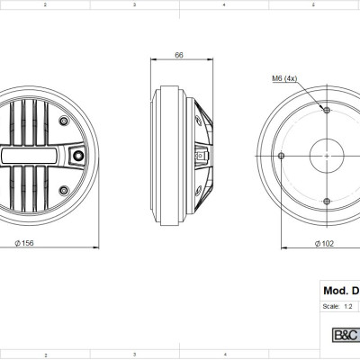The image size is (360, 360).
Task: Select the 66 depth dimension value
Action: (x=179, y=55)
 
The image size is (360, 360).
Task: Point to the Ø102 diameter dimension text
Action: (x=324, y=242)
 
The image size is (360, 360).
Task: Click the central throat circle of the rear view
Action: (x=325, y=156)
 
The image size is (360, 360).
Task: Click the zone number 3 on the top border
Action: (x=133, y=4)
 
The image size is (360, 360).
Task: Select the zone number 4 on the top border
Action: (x=222, y=4)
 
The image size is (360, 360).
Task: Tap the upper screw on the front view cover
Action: (x=62, y=121)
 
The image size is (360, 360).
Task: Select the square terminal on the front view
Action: (x=79, y=156)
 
